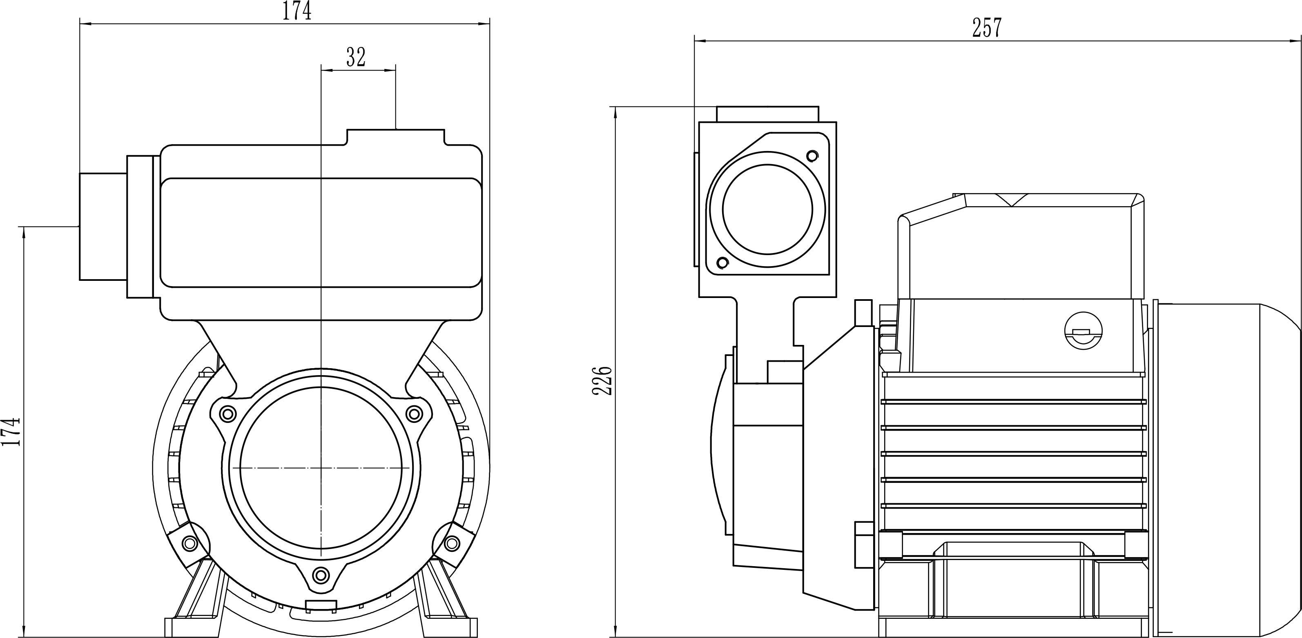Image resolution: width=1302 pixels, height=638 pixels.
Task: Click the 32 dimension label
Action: pos(356,57)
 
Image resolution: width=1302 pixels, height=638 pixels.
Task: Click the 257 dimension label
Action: pos(986,28)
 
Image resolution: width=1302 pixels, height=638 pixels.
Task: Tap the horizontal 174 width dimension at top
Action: pos(297,11)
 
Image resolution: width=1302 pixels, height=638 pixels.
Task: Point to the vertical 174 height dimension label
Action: pos(11,431)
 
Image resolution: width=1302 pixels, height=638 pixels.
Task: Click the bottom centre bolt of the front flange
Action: pos(321,575)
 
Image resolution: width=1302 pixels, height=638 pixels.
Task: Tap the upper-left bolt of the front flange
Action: pos(228,414)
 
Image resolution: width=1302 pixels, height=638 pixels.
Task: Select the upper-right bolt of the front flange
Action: pos(415,414)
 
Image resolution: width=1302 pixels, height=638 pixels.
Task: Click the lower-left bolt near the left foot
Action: pos(190,544)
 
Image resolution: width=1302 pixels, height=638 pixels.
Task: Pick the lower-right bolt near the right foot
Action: pos(452,544)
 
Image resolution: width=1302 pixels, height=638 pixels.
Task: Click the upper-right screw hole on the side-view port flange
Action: pos(812,155)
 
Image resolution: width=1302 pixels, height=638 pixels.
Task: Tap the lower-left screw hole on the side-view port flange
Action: pos(723,263)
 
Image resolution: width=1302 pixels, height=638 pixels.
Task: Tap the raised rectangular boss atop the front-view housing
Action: pos(395,138)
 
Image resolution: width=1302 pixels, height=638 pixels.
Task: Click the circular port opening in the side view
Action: pos(767,209)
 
